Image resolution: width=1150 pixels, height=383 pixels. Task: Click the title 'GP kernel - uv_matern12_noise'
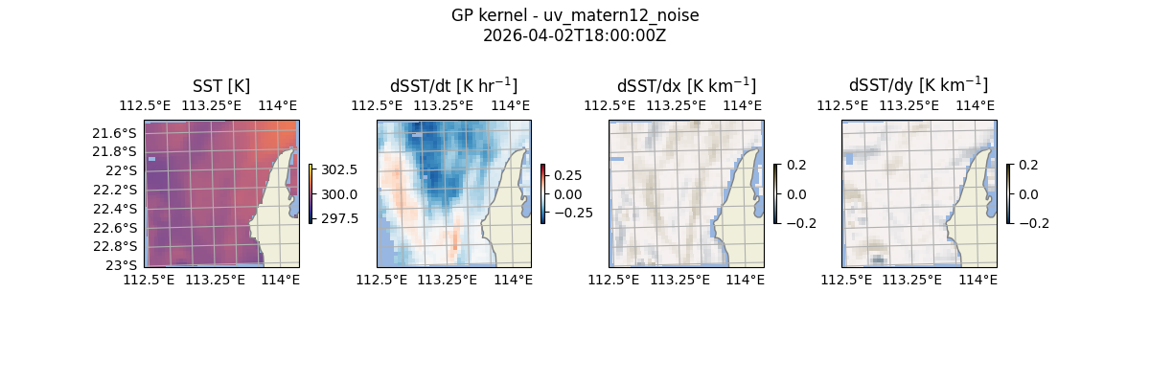(575, 16)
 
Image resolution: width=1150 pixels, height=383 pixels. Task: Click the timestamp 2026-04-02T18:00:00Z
(575, 35)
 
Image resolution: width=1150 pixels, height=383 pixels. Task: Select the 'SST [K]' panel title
(221, 85)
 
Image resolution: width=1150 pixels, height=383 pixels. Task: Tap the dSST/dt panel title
(453, 85)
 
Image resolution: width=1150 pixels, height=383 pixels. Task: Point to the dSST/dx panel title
(686, 85)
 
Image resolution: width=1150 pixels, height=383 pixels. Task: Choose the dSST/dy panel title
(918, 85)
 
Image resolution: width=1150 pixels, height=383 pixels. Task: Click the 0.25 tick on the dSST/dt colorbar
(567, 175)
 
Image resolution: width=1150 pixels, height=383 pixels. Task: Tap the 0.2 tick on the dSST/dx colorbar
(796, 165)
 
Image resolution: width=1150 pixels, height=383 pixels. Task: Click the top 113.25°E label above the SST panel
(212, 105)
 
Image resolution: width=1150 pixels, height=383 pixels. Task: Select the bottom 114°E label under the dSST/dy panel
(977, 280)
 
